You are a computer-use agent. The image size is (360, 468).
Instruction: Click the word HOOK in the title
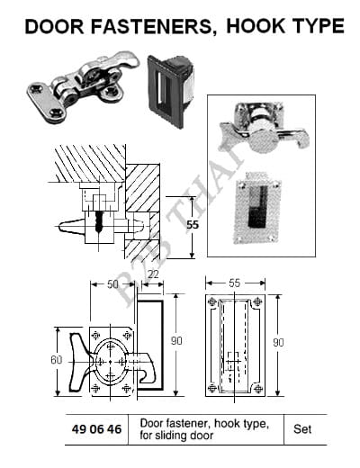click(x=256, y=26)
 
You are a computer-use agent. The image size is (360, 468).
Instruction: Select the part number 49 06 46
click(x=96, y=429)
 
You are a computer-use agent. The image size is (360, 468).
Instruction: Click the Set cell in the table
click(x=302, y=429)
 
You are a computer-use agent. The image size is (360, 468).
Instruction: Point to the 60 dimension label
click(x=57, y=360)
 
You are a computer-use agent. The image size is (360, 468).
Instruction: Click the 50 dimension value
click(x=112, y=284)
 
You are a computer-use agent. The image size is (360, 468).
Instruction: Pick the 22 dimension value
click(x=153, y=274)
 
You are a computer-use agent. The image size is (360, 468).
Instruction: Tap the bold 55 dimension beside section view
click(x=193, y=224)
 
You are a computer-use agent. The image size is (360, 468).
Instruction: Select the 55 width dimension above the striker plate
click(x=234, y=283)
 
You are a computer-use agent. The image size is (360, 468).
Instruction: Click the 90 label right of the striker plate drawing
click(x=278, y=343)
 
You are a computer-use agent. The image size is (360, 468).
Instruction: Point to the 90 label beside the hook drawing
click(x=176, y=341)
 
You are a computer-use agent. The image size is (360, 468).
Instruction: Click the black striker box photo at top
click(x=170, y=90)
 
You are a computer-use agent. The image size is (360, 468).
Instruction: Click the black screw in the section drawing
click(x=98, y=221)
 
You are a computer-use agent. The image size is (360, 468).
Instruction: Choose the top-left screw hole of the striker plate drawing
click(x=212, y=301)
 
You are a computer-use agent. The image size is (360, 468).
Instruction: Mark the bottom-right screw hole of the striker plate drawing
click(x=258, y=389)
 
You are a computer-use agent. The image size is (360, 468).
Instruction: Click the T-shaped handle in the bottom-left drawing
click(x=78, y=362)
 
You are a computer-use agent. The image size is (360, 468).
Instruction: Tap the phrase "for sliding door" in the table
click(x=176, y=435)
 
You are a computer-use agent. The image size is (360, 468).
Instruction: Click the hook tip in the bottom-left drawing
click(x=144, y=379)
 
